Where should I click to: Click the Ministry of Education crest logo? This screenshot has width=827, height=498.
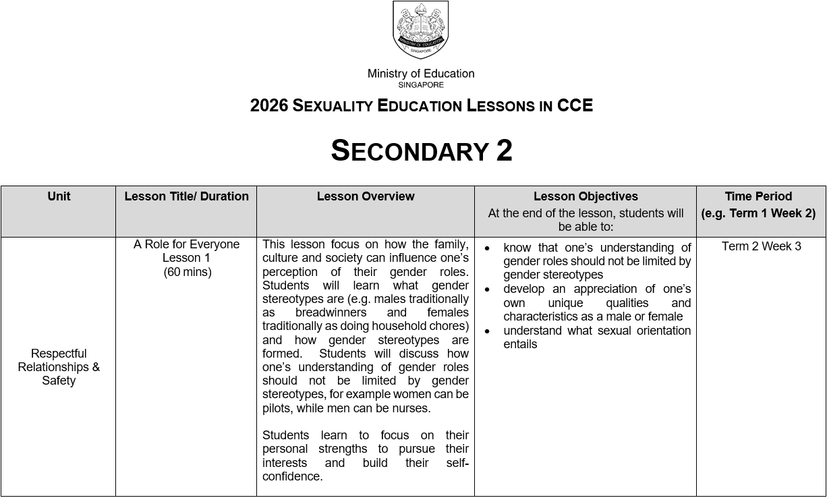click(420, 30)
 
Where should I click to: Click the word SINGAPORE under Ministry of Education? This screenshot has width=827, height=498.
click(421, 85)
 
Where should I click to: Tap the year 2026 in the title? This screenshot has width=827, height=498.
click(269, 106)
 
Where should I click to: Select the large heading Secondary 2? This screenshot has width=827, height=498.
click(421, 150)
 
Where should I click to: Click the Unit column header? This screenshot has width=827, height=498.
click(59, 196)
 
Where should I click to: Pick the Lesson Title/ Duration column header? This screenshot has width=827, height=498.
click(186, 196)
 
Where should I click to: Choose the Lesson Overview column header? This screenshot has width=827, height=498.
click(366, 196)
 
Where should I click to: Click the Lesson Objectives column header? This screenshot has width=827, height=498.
click(586, 196)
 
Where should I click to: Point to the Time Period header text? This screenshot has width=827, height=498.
click(758, 196)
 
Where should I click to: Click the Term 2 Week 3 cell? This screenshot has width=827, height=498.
click(762, 246)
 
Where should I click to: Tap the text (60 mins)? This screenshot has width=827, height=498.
click(187, 272)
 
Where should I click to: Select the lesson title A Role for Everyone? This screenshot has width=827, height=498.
click(187, 244)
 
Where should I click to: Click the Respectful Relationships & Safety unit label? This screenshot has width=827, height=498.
click(59, 367)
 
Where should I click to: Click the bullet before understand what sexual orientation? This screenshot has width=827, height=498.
click(488, 331)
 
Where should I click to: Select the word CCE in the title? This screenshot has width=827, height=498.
click(575, 106)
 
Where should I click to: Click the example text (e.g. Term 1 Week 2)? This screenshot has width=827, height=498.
click(758, 213)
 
